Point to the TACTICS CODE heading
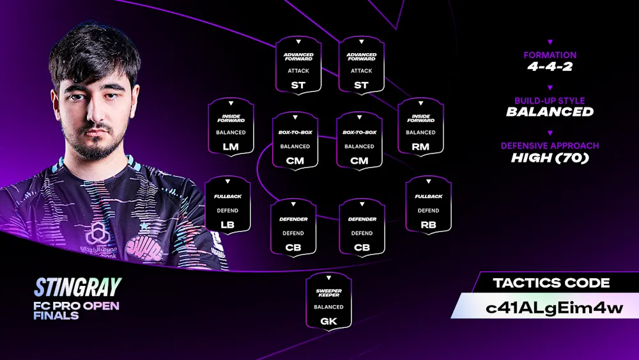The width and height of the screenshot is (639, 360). pyautogui.click(x=551, y=283)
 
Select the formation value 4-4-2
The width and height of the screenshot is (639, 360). pyautogui.click(x=550, y=67)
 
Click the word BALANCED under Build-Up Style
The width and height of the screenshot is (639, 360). pyautogui.click(x=550, y=112)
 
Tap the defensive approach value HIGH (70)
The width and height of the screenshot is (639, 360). pyautogui.click(x=550, y=157)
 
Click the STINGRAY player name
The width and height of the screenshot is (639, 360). pyautogui.click(x=77, y=287)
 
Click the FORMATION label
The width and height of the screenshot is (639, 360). pyautogui.click(x=550, y=55)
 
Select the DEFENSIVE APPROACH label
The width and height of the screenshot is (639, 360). pyautogui.click(x=550, y=146)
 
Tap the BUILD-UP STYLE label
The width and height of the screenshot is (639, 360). pyautogui.click(x=550, y=100)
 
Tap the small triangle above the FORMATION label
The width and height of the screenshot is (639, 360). pyautogui.click(x=550, y=42)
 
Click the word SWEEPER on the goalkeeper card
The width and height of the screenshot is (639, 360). pyautogui.click(x=328, y=291)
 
